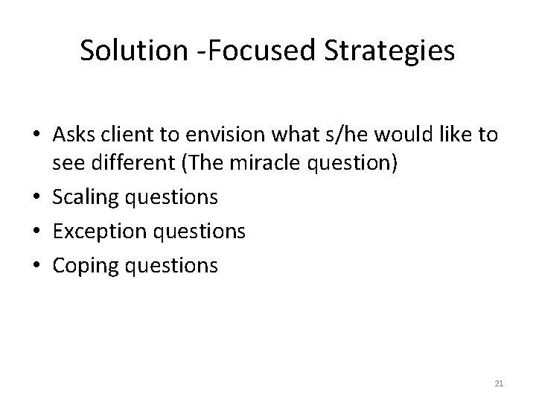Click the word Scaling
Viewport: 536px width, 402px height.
[x=77, y=197]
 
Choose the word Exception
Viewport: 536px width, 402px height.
[x=89, y=232]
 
